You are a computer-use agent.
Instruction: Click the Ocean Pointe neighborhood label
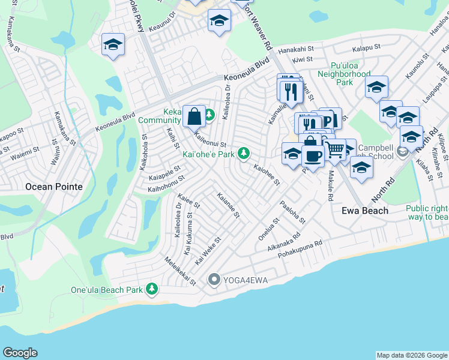[x=54, y=187]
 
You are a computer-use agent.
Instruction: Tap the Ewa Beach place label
[x=365, y=211]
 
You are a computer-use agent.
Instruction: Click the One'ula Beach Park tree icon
[x=152, y=290]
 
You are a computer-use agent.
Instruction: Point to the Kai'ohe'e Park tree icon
[x=243, y=154]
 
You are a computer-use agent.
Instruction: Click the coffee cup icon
[x=312, y=156]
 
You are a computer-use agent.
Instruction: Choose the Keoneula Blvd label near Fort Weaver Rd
[x=246, y=77]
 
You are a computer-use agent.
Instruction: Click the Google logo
[x=20, y=353]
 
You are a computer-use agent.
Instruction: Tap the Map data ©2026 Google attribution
[x=412, y=355]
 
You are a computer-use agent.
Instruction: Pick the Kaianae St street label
[x=229, y=205]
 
